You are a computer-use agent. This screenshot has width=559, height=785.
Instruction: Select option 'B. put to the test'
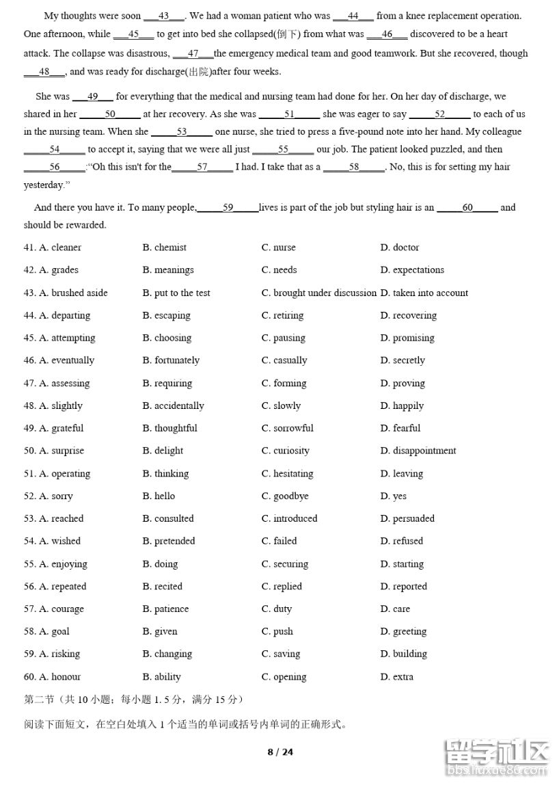point(176,293)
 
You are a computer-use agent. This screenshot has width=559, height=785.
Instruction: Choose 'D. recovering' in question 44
point(409,315)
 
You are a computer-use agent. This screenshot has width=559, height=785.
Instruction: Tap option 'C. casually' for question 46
point(284,360)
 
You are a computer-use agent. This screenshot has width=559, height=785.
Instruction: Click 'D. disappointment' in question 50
point(418,451)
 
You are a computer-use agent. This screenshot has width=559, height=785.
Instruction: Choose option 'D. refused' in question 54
point(402,541)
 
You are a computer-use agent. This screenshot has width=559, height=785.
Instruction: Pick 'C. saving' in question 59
point(281,654)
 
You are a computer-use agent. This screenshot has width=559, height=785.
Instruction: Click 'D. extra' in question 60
point(397,677)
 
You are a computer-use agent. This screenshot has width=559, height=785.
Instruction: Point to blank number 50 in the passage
point(110,114)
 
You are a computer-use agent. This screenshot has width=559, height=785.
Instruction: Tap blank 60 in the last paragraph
point(467,207)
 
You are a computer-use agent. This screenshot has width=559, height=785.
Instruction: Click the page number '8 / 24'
point(279,752)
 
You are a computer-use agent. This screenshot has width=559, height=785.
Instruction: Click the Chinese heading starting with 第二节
point(133,700)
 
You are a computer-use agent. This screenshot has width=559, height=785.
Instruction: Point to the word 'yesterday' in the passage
point(44,185)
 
